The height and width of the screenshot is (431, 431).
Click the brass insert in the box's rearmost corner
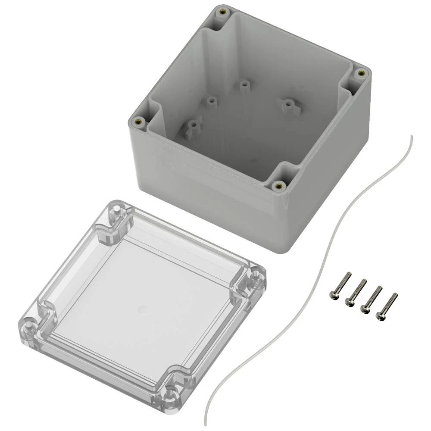click(222, 12)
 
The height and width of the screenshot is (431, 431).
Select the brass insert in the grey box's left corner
click(138, 122)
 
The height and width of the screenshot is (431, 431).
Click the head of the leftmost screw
click(333, 295)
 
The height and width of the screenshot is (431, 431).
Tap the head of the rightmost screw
click(380, 316)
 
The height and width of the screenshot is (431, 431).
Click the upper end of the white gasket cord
click(411, 137)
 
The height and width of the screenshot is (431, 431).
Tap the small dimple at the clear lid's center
click(142, 309)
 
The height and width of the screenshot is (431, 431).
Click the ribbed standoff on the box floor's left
click(193, 127)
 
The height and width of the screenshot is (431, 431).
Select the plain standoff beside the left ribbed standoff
click(211, 102)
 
